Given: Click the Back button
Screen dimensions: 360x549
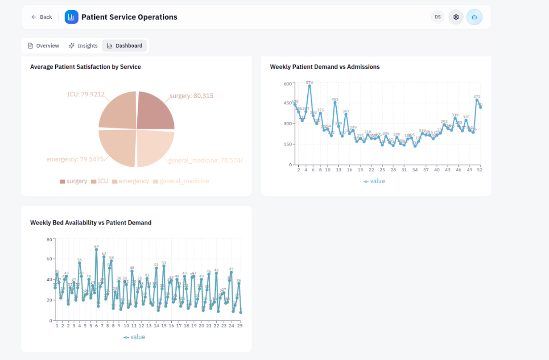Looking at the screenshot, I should tap(41, 17).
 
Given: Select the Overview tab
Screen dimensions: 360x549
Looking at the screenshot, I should tap(43, 46).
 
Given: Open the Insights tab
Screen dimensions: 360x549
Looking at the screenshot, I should tap(83, 46).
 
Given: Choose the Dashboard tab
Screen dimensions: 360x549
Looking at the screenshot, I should tap(124, 46).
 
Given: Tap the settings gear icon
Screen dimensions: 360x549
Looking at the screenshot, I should tap(456, 17).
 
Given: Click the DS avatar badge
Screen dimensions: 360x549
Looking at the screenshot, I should tap(438, 17).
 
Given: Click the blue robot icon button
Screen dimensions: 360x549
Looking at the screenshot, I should tap(474, 17).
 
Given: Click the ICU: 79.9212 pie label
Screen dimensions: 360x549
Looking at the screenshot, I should tap(86, 94).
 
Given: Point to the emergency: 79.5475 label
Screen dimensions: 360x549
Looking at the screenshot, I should tap(75, 159).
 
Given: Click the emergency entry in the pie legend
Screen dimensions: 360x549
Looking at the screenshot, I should tap(130, 181).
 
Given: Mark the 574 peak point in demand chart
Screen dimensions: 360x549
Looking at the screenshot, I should tap(310, 86).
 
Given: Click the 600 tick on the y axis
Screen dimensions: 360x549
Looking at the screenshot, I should tap(287, 83).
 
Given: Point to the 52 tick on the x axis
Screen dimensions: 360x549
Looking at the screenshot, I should tap(480, 170).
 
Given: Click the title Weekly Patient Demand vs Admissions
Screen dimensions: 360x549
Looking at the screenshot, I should tap(325, 67).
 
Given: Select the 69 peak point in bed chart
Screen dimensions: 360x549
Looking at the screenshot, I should tap(96, 249).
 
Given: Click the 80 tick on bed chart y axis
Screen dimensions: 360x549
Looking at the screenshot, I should tap(49, 240).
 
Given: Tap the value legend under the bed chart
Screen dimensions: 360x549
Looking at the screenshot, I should tap(134, 337).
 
